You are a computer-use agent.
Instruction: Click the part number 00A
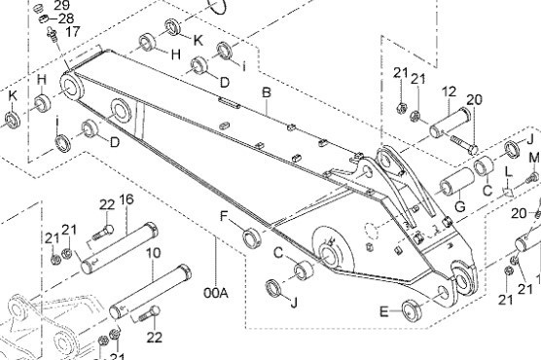tap(216, 293)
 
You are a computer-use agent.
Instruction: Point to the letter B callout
tap(267, 92)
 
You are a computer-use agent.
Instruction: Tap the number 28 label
tap(66, 18)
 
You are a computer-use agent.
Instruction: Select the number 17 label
tap(73, 32)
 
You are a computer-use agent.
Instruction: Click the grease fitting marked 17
tap(52, 34)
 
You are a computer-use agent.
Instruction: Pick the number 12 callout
tap(449, 91)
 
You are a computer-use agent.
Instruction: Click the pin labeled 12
tap(450, 123)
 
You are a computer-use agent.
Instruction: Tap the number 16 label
tap(126, 199)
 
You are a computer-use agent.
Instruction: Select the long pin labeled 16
tap(120, 248)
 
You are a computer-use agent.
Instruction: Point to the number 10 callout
tap(153, 253)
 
